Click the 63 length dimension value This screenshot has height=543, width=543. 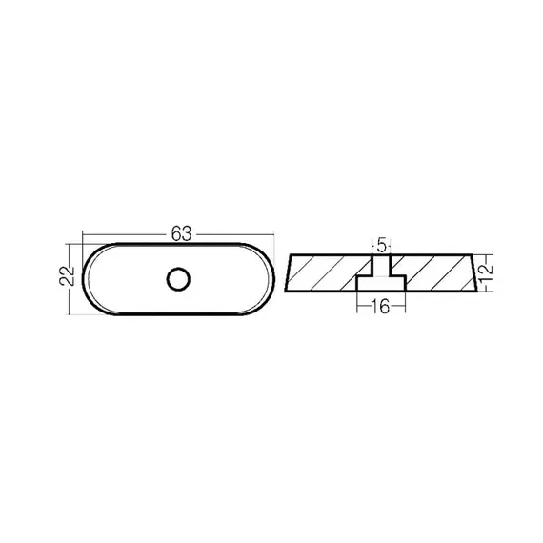[181, 233]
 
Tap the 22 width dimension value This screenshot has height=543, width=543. [68, 275]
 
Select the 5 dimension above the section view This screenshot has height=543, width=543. [381, 245]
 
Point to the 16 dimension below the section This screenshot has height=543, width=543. [381, 307]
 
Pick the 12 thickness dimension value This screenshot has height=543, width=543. [487, 272]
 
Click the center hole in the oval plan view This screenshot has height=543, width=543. [178, 279]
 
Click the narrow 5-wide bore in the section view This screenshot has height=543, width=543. [381, 265]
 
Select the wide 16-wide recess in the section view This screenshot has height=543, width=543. [381, 283]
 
